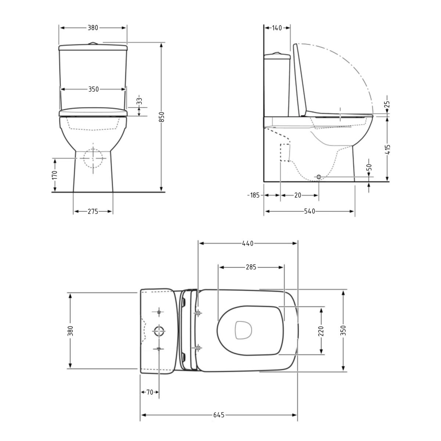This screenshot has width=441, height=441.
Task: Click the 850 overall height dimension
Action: coord(162,117)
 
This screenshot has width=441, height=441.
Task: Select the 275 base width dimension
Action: coord(93,211)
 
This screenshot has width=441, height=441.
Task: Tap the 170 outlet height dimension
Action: coord(54,175)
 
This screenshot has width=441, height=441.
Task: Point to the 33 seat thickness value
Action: coord(139,101)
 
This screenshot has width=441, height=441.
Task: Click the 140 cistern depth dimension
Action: coord(277,28)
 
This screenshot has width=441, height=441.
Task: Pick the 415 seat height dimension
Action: coord(388,149)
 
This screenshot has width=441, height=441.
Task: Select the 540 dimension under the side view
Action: coord(310,211)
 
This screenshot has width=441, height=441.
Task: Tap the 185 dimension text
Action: coord(254,195)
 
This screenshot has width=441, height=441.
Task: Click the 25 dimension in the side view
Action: coord(387,104)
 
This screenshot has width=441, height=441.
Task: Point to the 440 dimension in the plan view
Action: coord(248,244)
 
